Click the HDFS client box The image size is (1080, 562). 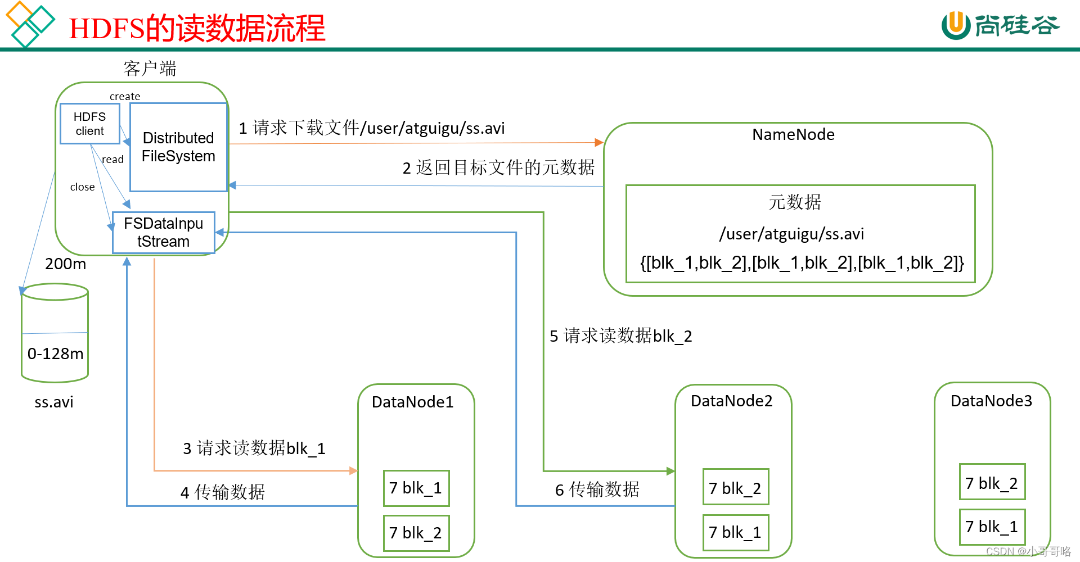click(89, 124)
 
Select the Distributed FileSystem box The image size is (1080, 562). click(178, 147)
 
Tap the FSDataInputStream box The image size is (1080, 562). click(163, 233)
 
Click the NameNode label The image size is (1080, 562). click(793, 135)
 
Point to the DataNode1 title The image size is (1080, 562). click(412, 402)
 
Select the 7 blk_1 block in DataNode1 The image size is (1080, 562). click(416, 488)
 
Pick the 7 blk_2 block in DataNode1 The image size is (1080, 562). click(416, 533)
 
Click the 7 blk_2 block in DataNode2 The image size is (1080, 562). click(735, 488)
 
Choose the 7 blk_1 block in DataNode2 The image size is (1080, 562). click(735, 532)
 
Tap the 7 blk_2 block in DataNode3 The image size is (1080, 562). click(992, 483)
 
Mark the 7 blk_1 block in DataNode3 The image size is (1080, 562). click(992, 527)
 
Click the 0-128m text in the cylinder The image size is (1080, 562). click(55, 354)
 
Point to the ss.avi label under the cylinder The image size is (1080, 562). click(54, 402)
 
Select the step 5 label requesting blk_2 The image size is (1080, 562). click(620, 336)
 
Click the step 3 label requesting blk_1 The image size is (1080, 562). click(254, 448)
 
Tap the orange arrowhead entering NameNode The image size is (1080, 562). click(599, 143)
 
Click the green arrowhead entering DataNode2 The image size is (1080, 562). click(670, 471)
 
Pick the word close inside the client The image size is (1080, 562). click(82, 187)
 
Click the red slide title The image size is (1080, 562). click(197, 28)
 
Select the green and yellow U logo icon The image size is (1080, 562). click(956, 25)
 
